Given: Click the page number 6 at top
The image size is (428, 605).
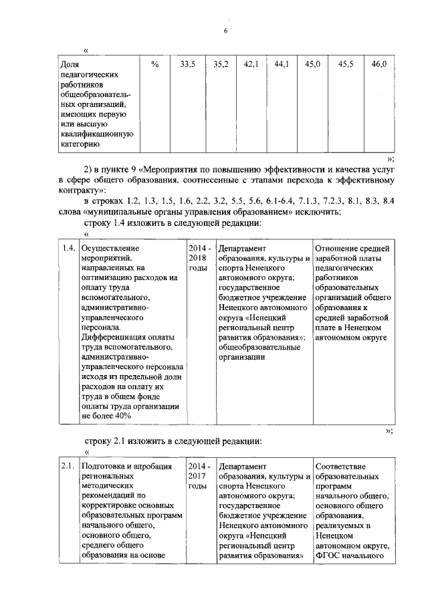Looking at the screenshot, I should tap(225, 31).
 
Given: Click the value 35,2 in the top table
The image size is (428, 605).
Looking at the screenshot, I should tap(221, 64).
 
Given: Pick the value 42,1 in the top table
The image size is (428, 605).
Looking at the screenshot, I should tap(251, 64).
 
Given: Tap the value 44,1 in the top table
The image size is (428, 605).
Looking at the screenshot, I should tap(282, 64).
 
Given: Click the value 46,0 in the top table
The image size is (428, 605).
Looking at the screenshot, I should tap(379, 64).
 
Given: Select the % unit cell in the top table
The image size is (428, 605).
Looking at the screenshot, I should tap(155, 64).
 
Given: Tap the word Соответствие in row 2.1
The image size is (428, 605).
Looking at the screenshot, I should tap(344, 466).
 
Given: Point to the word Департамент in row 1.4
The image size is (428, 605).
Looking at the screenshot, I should tap(242, 249).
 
